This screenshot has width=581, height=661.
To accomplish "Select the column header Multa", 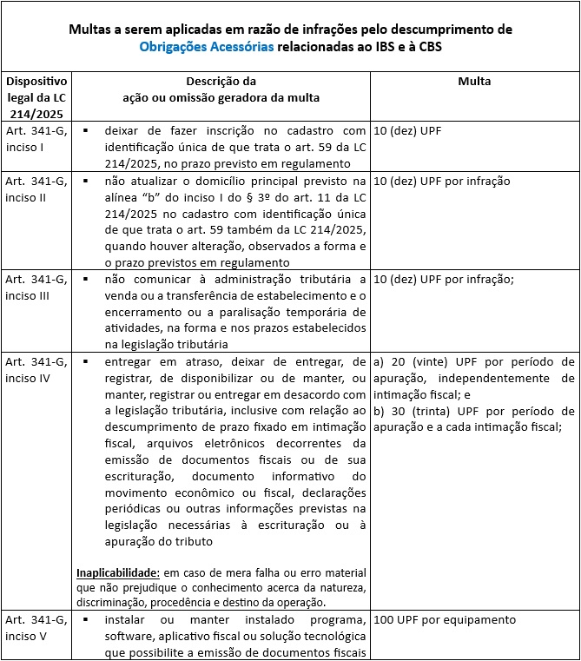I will click(474, 81).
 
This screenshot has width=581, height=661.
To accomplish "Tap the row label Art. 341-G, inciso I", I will click(36, 138).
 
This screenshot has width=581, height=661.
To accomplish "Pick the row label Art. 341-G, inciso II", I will click(36, 189).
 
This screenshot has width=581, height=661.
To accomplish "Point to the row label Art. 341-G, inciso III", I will click(36, 287).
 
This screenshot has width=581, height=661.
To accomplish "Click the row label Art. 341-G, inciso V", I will click(36, 628).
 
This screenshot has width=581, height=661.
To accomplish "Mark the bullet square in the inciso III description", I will click(87, 279).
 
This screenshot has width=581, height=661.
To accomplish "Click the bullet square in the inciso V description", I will click(87, 620).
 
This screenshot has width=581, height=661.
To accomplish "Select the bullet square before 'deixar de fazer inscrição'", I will click(87, 130).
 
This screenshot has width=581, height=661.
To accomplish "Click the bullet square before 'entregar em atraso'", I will click(87, 360).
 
